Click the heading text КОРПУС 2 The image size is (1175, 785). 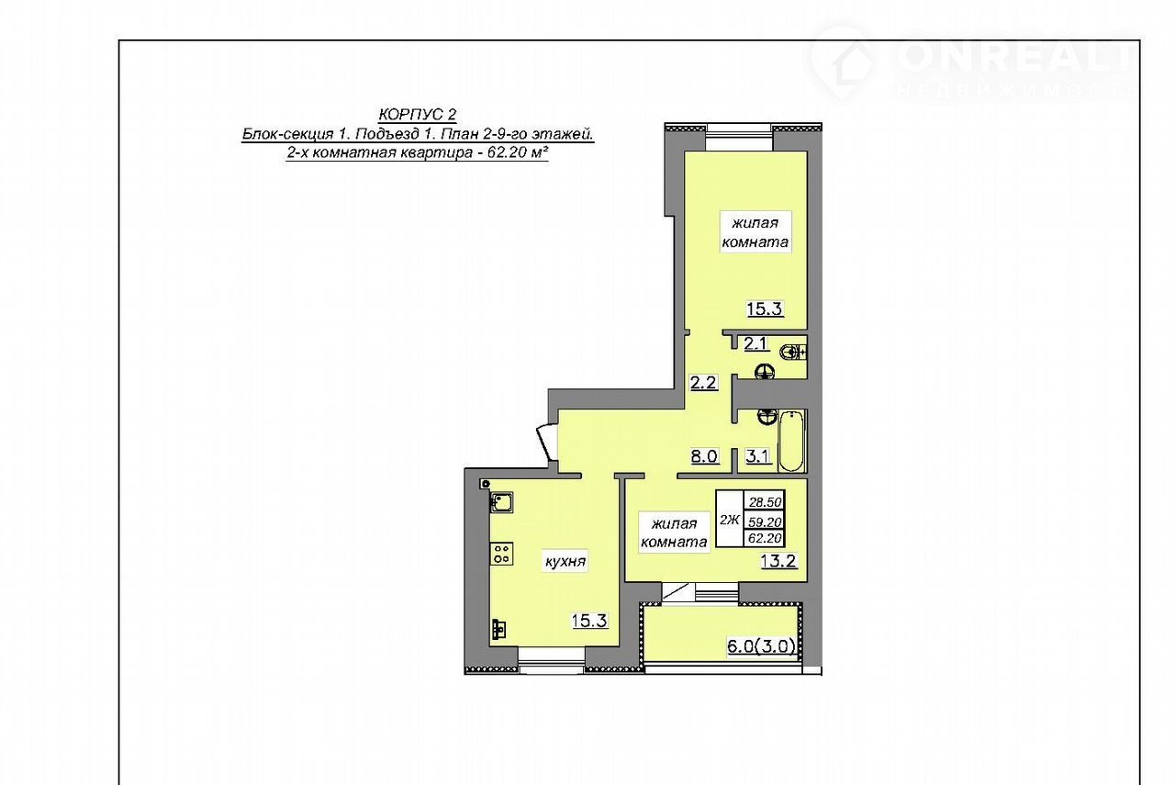(418, 114)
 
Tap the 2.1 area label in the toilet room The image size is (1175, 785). (756, 343)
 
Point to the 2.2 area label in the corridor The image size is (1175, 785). (703, 383)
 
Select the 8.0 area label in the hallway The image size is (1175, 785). (704, 456)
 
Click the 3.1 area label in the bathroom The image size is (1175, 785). (758, 456)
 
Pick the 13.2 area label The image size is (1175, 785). (779, 561)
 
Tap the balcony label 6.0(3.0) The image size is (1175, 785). (761, 646)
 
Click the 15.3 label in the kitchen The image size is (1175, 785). (589, 621)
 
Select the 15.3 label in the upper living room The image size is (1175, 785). (765, 308)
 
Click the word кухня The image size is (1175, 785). (565, 562)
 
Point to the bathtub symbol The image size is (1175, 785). (791, 442)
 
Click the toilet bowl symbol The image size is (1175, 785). (792, 352)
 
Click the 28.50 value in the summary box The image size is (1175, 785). (766, 502)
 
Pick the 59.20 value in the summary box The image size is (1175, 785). (766, 521)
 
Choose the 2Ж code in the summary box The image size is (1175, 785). (730, 520)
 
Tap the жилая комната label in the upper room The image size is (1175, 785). (755, 232)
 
